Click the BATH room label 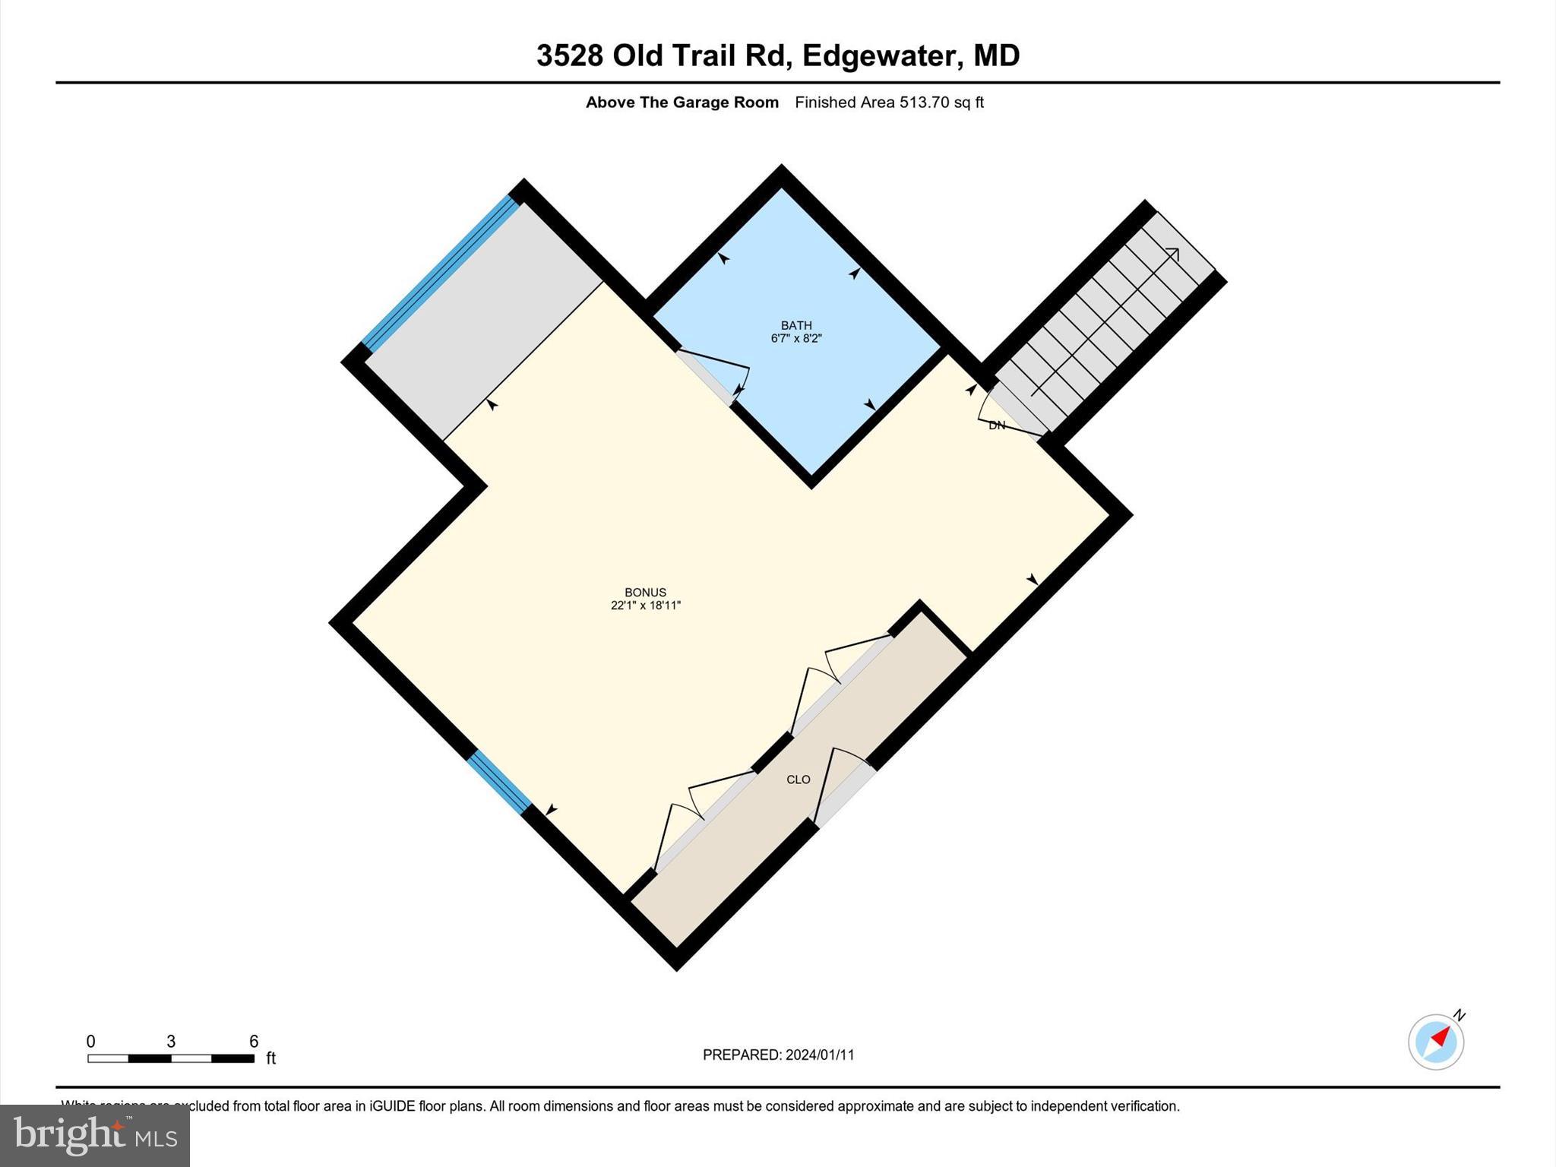tap(796, 325)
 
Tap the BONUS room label tap(645, 592)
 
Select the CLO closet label tap(798, 780)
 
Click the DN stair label tap(997, 425)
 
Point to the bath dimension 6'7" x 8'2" tap(796, 339)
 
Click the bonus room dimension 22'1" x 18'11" tap(645, 606)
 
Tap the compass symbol tap(1435, 1042)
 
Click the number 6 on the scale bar tap(254, 1041)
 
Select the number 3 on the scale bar tap(171, 1041)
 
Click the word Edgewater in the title tap(879, 55)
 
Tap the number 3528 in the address tap(570, 55)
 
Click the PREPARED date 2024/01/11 tap(820, 1055)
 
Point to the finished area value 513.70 tap(924, 103)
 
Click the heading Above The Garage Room tap(682, 103)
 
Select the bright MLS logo tap(95, 1135)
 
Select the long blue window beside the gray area tap(439, 274)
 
